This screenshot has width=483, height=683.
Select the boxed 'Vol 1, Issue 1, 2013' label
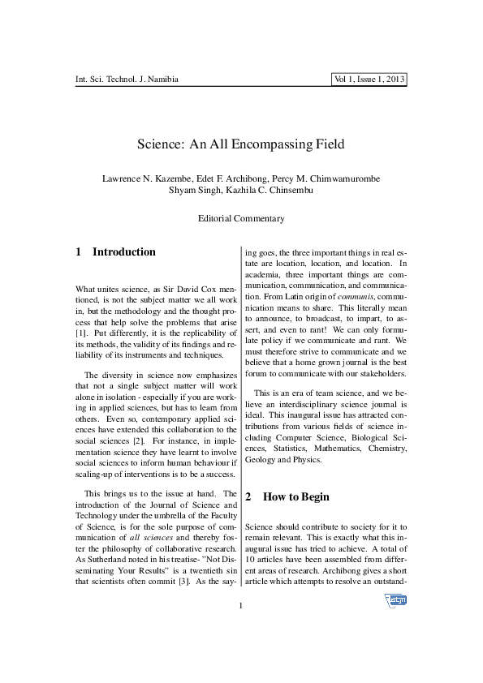pyautogui.click(x=369, y=79)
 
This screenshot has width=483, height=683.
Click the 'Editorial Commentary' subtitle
pyautogui.click(x=241, y=219)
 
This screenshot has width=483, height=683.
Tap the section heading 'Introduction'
pyautogui.click(x=123, y=252)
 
